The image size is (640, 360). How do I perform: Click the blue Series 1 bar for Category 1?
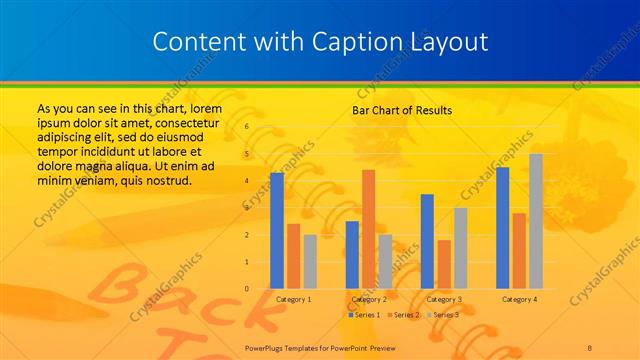pyautogui.click(x=277, y=231)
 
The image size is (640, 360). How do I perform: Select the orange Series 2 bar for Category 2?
pyautogui.click(x=368, y=229)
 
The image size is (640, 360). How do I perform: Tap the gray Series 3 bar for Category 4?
pyautogui.click(x=536, y=221)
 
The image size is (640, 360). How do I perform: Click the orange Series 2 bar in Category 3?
pyautogui.click(x=444, y=264)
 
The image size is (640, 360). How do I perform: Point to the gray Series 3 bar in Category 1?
pyautogui.click(x=310, y=262)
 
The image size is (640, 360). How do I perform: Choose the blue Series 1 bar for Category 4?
pyautogui.click(x=502, y=228)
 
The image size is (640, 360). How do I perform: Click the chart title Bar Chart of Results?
pyautogui.click(x=402, y=110)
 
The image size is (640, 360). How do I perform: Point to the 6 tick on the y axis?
pyautogui.click(x=246, y=128)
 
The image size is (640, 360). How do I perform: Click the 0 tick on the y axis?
pyautogui.click(x=246, y=289)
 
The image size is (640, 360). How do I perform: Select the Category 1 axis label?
pyautogui.click(x=293, y=299)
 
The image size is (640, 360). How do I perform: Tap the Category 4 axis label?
pyautogui.click(x=519, y=299)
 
